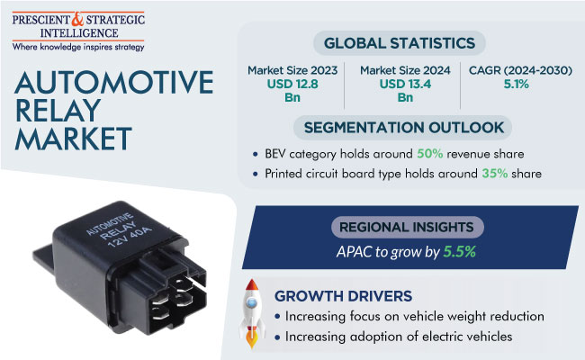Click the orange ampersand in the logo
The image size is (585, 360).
tap(77, 20)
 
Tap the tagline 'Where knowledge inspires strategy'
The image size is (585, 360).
tap(78, 47)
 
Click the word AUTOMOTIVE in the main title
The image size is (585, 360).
tap(114, 83)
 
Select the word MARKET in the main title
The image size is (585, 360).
tap(74, 139)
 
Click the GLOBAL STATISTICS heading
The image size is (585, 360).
tap(400, 43)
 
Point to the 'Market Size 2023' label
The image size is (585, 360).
tap(292, 70)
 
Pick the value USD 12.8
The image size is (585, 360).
tap(292, 84)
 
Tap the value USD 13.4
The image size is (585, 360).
tap(405, 84)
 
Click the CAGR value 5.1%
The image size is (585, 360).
tap(517, 84)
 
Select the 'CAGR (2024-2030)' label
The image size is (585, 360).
tap(520, 70)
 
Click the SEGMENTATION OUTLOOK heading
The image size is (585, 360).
tap(404, 128)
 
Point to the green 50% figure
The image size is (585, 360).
tap(430, 154)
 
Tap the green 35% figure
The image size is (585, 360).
tap(495, 174)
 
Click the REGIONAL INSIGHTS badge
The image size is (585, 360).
tap(407, 227)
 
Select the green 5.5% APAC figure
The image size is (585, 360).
tap(460, 252)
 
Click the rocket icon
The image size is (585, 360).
tap(252, 313)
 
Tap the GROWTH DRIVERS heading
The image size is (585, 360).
tap(343, 296)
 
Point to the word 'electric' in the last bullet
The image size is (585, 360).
tap(440, 337)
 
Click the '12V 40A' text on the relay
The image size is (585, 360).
tap(130, 237)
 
